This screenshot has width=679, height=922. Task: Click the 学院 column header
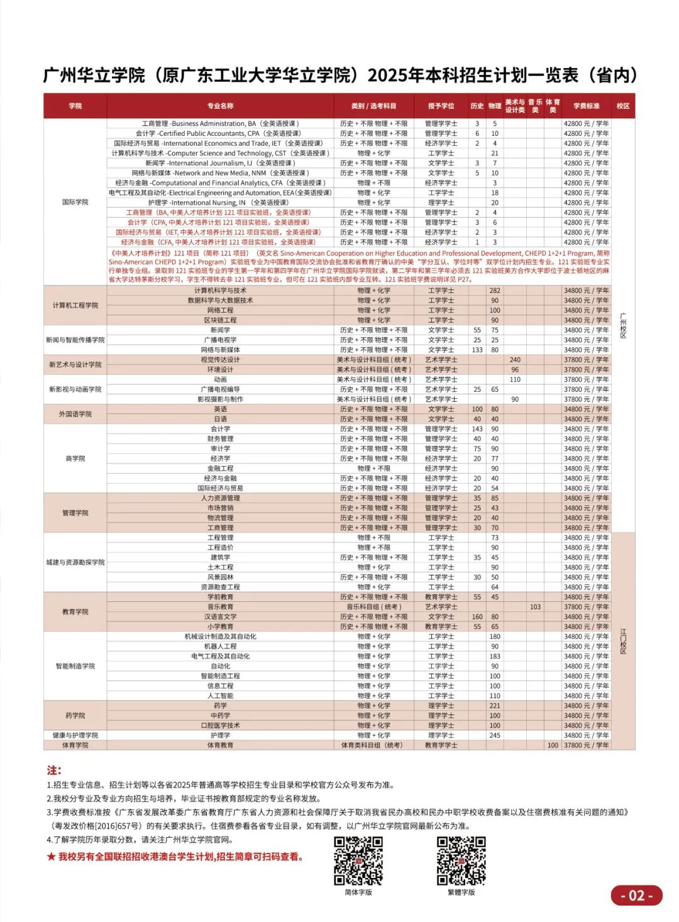(75, 106)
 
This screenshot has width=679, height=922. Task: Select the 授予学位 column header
(441, 106)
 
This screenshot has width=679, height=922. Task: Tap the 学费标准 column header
(586, 106)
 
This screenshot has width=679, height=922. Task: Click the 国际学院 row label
(75, 203)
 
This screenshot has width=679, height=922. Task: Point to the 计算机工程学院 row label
(75, 305)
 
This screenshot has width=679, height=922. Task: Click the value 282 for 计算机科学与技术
(495, 291)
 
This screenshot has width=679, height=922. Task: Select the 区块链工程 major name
(220, 320)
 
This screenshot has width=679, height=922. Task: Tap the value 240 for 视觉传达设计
(515, 360)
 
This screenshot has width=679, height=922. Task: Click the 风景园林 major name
(220, 577)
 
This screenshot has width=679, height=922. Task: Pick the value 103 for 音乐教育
(535, 607)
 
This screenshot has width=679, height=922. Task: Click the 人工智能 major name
(220, 696)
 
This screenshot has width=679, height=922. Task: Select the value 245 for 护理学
(495, 735)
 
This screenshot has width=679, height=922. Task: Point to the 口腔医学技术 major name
(220, 725)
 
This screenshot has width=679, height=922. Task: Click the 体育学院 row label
(75, 745)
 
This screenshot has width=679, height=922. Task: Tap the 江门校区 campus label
(623, 641)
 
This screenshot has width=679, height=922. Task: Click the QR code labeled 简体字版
(358, 860)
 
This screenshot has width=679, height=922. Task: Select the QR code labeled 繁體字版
(461, 860)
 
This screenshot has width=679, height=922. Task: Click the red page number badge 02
(636, 896)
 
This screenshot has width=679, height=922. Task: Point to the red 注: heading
(54, 770)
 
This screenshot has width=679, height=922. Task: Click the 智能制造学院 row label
(75, 666)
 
